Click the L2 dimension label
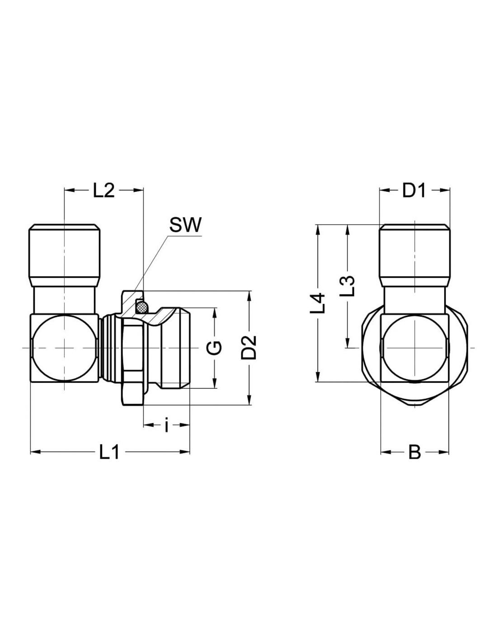(x=103, y=191)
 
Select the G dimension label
(x=217, y=348)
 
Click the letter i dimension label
(x=166, y=425)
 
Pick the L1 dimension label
(x=109, y=453)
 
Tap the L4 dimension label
(x=318, y=303)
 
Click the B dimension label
(x=414, y=453)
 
